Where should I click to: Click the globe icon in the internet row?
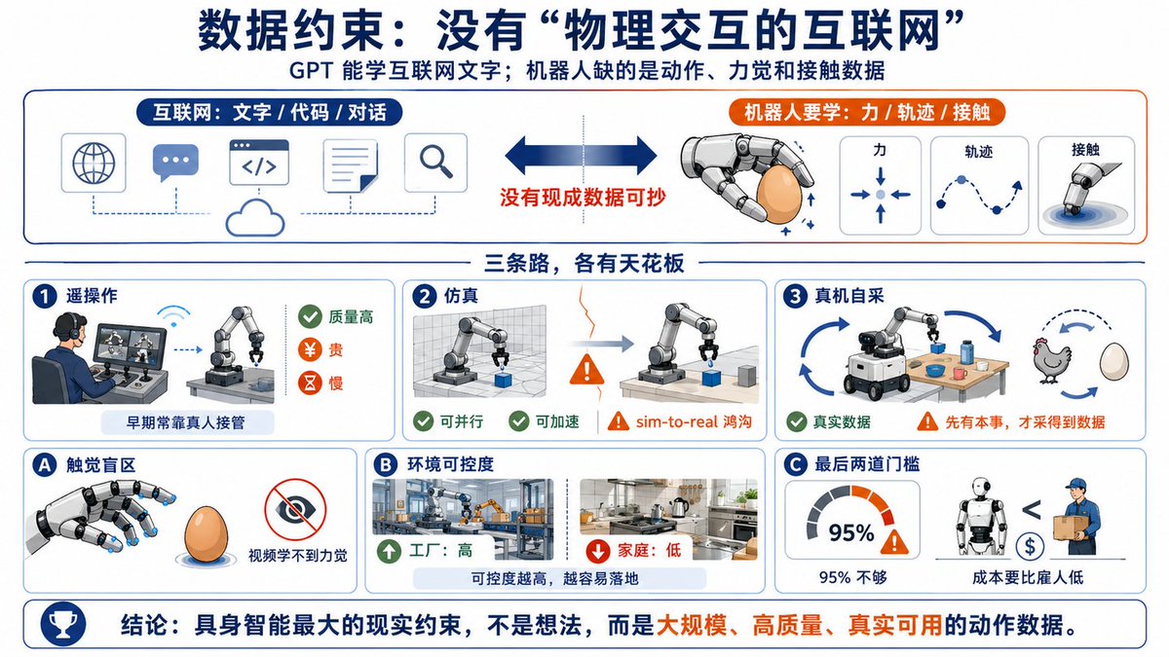coord(94,164)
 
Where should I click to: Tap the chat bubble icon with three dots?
coord(175,163)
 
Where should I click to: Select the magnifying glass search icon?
coord(435,162)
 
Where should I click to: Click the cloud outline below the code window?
coord(255,218)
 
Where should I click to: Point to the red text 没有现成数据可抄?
coord(583,197)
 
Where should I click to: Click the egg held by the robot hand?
coord(778,195)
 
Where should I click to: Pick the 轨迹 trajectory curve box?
coord(979,186)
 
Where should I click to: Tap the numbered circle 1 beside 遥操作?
coord(45,296)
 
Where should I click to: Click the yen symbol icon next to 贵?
coord(310,349)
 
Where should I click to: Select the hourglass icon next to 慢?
coord(310,383)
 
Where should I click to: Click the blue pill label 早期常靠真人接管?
coord(187,422)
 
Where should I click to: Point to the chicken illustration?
coord(1051,360)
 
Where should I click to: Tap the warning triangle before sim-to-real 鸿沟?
coord(619,421)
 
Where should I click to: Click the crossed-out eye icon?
coord(295,509)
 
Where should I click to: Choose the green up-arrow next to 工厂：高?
coord(389,551)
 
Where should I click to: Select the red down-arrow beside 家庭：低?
coord(598,551)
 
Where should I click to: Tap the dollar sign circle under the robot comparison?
coord(1030,546)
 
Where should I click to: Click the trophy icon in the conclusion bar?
coord(63,624)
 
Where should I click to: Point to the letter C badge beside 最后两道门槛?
coord(796,464)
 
